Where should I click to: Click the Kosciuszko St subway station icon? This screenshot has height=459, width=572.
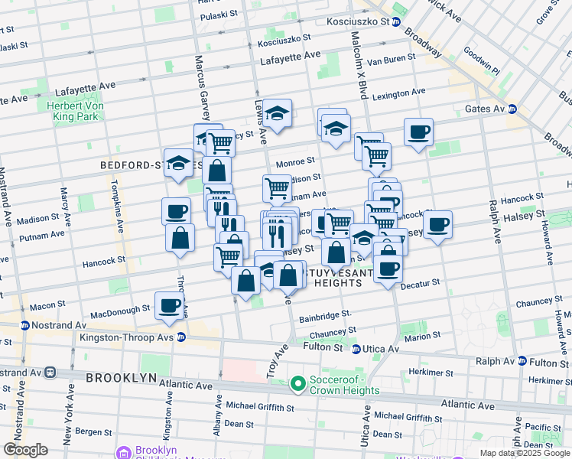point(396,22)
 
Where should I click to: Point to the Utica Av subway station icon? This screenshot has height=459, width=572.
point(356,349)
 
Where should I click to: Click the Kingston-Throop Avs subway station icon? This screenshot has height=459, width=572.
point(181,337)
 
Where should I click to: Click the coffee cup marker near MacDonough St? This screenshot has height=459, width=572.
point(170,305)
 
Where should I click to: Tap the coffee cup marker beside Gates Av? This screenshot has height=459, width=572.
point(418,132)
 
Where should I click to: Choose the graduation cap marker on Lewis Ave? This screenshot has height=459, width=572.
point(277,113)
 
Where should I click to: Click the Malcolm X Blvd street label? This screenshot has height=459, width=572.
point(359,65)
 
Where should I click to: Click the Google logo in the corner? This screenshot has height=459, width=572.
point(25,450)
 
